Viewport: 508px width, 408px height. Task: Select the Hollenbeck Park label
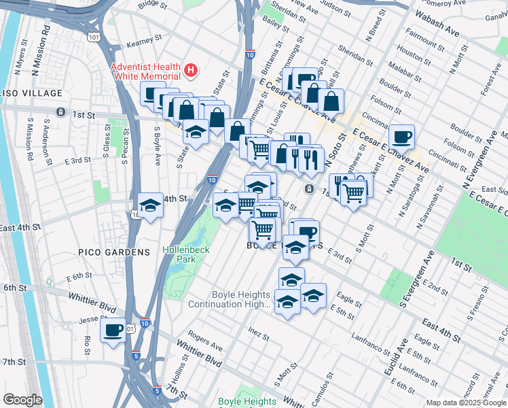(179, 254)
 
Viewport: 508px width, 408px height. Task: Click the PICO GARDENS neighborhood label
(113, 252)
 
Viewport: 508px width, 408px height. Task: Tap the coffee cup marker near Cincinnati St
(401, 137)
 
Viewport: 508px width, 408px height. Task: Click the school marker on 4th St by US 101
(150, 205)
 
